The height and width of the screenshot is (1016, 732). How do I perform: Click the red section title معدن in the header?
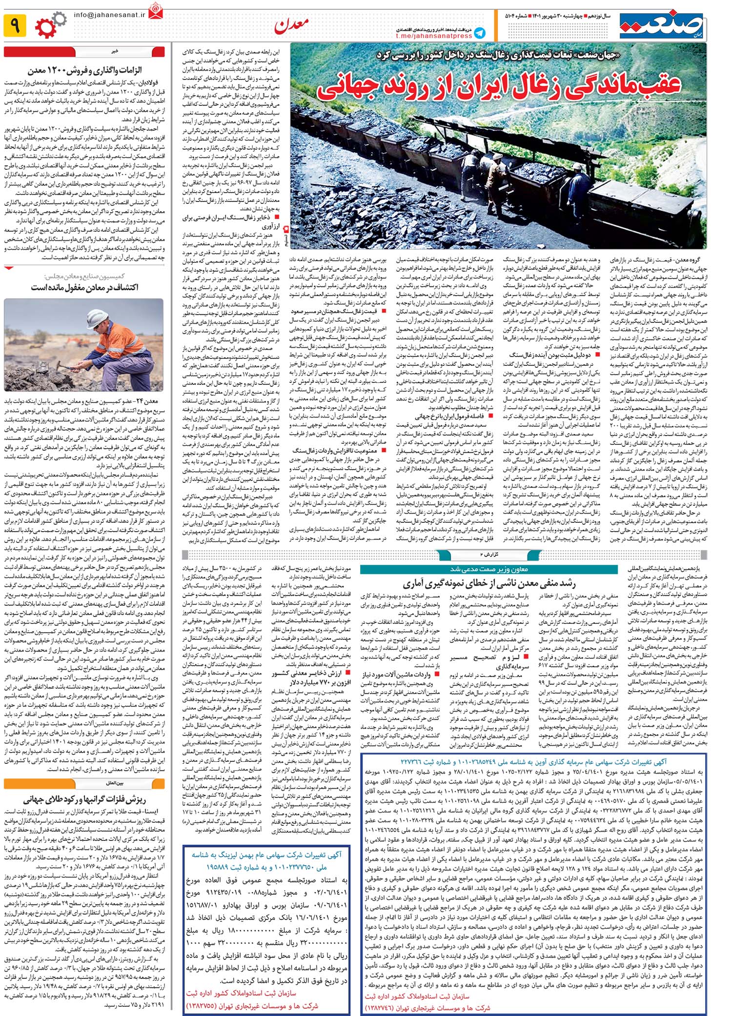[x=291, y=26]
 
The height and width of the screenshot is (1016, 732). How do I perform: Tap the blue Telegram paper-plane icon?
[x=480, y=33]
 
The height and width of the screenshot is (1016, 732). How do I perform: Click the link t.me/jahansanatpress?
[x=434, y=36]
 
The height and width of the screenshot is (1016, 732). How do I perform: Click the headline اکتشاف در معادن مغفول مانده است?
[x=85, y=287]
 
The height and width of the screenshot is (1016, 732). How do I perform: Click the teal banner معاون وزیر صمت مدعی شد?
[x=488, y=569]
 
